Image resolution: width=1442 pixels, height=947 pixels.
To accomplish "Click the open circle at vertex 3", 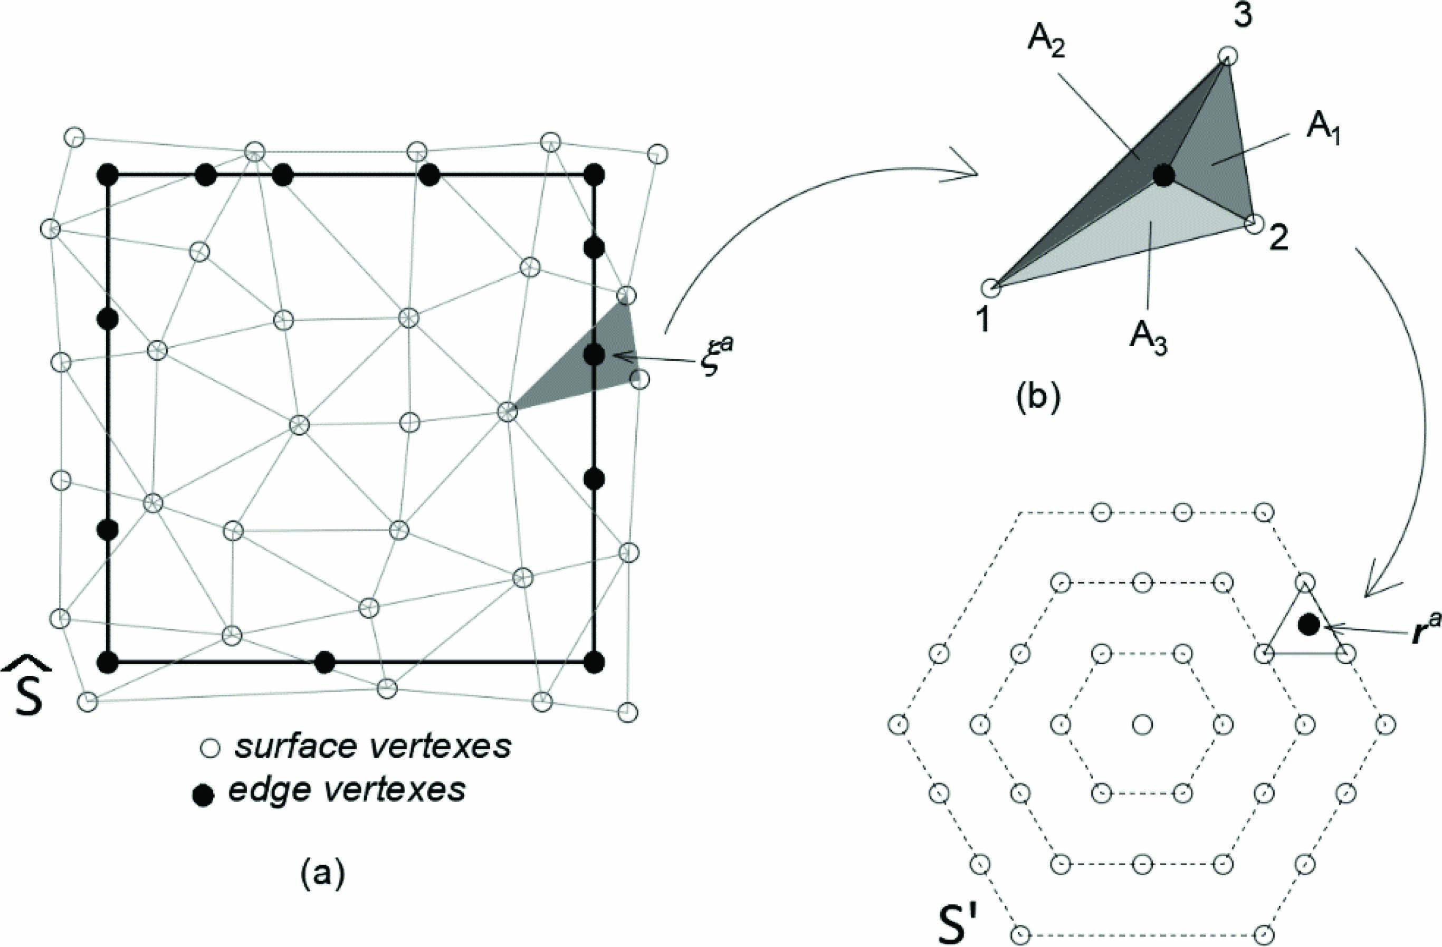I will [1227, 56].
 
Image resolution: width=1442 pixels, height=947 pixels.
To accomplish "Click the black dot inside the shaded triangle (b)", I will [1164, 175].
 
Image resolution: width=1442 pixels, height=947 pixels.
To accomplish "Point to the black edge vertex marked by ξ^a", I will [595, 355].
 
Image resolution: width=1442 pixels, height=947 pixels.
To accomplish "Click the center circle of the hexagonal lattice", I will [1142, 724].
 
